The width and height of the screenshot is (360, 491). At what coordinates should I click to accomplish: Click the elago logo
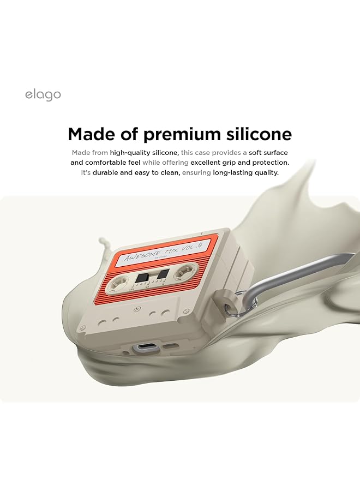pos(43,95)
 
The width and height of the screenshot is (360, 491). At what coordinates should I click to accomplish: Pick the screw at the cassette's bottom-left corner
pos(82,330)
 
